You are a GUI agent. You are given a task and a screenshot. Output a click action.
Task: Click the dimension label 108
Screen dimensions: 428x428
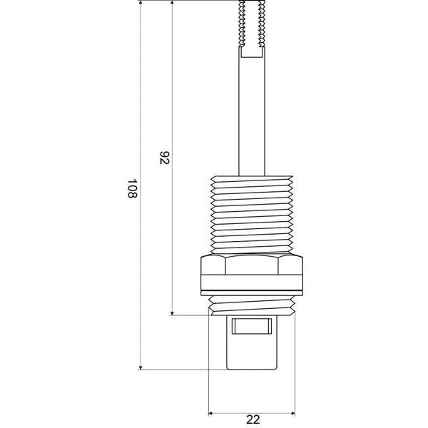133,188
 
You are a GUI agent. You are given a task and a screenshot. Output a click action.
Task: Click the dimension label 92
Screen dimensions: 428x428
165,158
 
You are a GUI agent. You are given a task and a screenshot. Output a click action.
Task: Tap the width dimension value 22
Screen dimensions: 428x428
253,419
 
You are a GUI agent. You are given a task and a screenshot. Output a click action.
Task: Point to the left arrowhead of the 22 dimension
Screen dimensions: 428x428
210,413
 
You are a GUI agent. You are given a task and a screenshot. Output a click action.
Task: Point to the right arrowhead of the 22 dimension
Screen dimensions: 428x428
293,413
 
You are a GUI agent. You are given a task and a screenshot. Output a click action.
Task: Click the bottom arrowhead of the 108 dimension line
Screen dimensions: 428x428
141,367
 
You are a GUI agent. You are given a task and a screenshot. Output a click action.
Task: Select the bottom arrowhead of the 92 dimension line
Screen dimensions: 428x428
172,313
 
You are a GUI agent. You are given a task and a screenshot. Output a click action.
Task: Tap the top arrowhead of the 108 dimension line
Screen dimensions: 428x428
141,3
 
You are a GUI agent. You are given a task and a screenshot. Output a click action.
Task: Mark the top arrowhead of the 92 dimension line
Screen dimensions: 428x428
172,3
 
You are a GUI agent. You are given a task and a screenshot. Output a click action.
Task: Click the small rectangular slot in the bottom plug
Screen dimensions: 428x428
252,326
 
